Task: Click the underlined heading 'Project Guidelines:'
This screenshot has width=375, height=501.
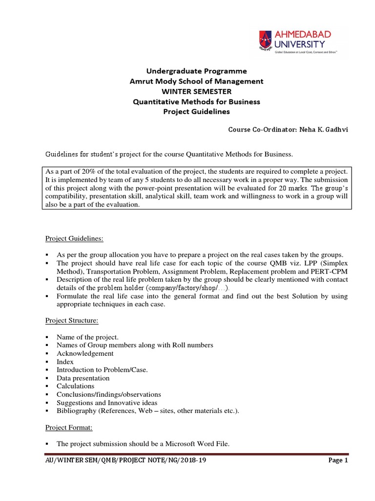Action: (74, 239)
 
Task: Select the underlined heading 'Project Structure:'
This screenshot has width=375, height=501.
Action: (72, 321)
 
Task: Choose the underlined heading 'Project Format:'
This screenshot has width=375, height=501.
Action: (69, 428)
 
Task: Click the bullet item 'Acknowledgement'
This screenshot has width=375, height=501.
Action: (85, 353)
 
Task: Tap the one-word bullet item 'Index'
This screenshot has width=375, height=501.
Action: (64, 362)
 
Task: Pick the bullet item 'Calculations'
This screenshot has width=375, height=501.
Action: (76, 386)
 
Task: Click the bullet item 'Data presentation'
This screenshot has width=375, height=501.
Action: (83, 378)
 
